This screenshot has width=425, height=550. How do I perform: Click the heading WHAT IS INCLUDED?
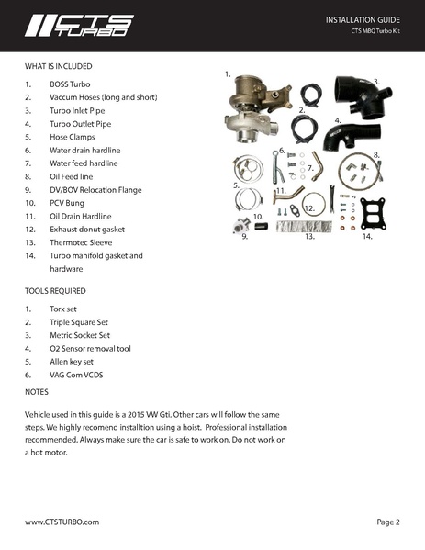pyautogui.click(x=58, y=66)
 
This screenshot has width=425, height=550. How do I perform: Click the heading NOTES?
pyautogui.click(x=38, y=392)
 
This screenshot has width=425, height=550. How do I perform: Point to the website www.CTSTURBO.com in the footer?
pyautogui.click(x=62, y=522)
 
